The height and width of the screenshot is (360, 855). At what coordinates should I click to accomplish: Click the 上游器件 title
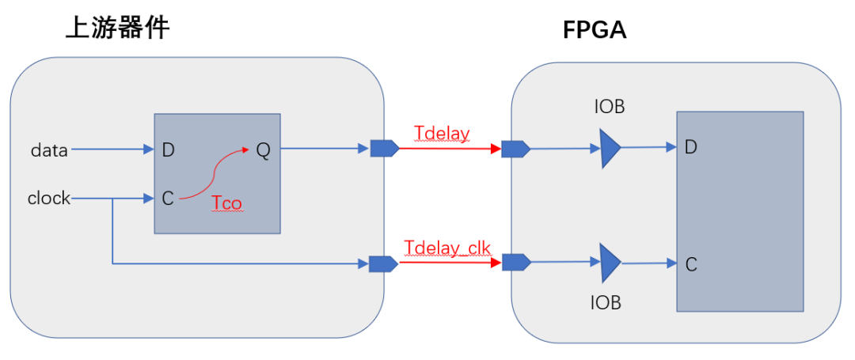(x=117, y=27)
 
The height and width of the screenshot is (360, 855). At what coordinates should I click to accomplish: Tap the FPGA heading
(x=595, y=31)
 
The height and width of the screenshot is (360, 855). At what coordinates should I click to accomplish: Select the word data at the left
(x=48, y=150)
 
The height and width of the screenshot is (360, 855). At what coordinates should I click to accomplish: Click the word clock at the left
(x=49, y=199)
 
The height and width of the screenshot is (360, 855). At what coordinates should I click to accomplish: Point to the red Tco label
(x=227, y=203)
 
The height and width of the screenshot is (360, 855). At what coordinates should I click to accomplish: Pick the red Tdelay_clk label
(x=448, y=248)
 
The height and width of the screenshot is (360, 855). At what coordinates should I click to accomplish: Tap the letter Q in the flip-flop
(x=262, y=150)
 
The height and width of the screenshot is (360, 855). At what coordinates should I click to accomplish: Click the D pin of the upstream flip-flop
(x=168, y=150)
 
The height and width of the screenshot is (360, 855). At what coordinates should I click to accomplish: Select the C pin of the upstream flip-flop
(x=168, y=199)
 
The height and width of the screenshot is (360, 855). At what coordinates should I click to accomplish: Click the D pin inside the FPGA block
(x=691, y=147)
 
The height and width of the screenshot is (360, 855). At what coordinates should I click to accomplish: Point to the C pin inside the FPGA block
(x=691, y=265)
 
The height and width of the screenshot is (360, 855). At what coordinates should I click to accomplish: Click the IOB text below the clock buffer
(x=606, y=303)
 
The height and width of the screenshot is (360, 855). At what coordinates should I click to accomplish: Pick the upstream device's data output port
(x=385, y=148)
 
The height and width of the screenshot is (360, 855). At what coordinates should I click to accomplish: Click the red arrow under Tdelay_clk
(x=450, y=263)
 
